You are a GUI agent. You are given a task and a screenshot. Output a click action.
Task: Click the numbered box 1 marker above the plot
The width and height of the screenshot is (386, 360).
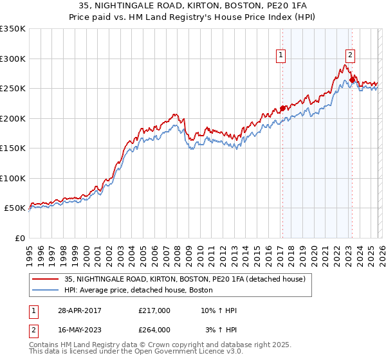pos(282,56)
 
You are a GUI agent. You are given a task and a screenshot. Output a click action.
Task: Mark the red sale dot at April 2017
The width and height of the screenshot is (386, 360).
pos(282,108)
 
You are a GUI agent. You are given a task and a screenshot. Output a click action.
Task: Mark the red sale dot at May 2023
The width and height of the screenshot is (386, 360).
pos(351,80)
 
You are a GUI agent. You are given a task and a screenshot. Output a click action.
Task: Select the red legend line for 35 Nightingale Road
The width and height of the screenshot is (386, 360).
pos(46,280)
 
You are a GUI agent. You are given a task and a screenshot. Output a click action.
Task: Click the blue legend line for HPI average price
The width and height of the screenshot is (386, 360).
pos(46,291)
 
